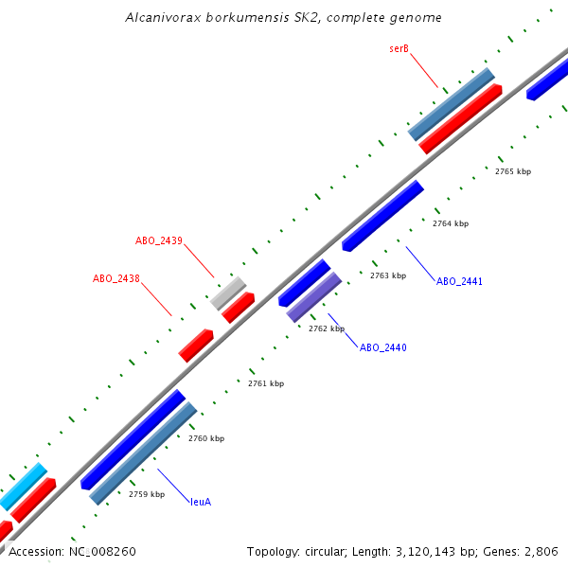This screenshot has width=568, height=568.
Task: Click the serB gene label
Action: (399, 48)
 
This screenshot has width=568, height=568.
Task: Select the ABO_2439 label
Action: (159, 240)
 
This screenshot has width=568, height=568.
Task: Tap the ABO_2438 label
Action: (116, 278)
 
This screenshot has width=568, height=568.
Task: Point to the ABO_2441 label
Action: (459, 281)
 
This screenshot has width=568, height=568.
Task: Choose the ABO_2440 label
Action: (382, 347)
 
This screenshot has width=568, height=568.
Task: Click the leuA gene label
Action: (201, 501)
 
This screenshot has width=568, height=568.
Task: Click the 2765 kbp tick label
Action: (513, 171)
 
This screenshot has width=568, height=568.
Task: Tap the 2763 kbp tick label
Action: (388, 275)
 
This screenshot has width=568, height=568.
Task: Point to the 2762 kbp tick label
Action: (327, 328)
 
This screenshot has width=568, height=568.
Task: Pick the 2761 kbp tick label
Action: (265, 383)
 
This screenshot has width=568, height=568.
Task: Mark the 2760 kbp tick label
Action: (206, 438)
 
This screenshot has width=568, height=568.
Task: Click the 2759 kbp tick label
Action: (147, 494)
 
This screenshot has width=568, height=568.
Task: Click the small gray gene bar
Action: (228, 293)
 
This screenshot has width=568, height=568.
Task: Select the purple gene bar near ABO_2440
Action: (314, 297)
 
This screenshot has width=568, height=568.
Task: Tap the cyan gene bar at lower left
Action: (23, 487)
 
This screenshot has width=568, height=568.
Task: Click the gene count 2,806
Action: (541, 551)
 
